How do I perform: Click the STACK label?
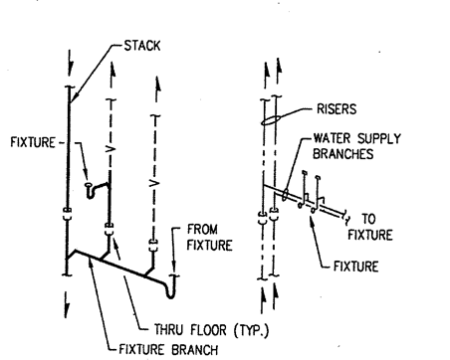click(142, 46)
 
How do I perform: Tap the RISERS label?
click(337, 109)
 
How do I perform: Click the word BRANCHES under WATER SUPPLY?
click(343, 154)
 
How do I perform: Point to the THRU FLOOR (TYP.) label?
click(212, 330)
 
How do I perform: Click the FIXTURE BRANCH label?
click(168, 349)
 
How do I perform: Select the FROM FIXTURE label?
click(209, 238)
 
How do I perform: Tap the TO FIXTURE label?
click(370, 227)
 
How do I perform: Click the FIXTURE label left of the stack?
click(33, 142)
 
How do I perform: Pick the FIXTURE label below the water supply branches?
click(355, 267)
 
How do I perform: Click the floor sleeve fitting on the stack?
click(67, 214)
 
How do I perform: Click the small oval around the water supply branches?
click(286, 195)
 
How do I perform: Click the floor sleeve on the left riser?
click(262, 218)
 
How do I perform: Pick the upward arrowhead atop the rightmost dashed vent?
click(157, 86)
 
